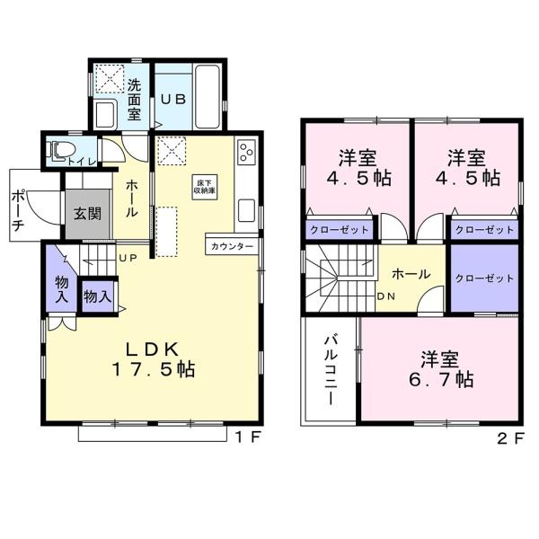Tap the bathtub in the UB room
(208, 97)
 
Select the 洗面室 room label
(134, 100)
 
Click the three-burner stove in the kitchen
(246, 151)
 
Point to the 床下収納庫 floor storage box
(205, 186)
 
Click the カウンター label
(232, 246)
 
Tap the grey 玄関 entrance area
(88, 214)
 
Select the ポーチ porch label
(18, 209)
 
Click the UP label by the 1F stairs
(128, 258)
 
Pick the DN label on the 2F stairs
(386, 296)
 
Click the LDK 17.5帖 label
(154, 359)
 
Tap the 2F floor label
(511, 438)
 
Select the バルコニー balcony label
(331, 370)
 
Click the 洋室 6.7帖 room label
(441, 369)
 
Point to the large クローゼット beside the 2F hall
(484, 278)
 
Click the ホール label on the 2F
(411, 274)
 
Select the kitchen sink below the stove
(246, 210)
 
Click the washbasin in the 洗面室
(105, 114)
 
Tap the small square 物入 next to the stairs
(98, 296)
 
